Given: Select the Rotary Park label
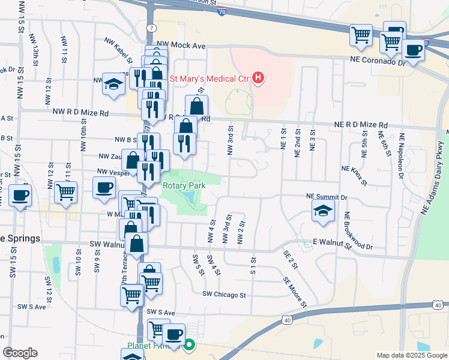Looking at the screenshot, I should (184, 185).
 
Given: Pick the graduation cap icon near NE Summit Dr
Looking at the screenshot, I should (323, 211).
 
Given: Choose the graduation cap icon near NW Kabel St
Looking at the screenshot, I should (113, 85).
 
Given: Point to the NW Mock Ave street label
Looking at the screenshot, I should (181, 45).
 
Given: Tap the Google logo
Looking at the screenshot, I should (20, 353).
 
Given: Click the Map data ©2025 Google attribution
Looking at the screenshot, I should (411, 355).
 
